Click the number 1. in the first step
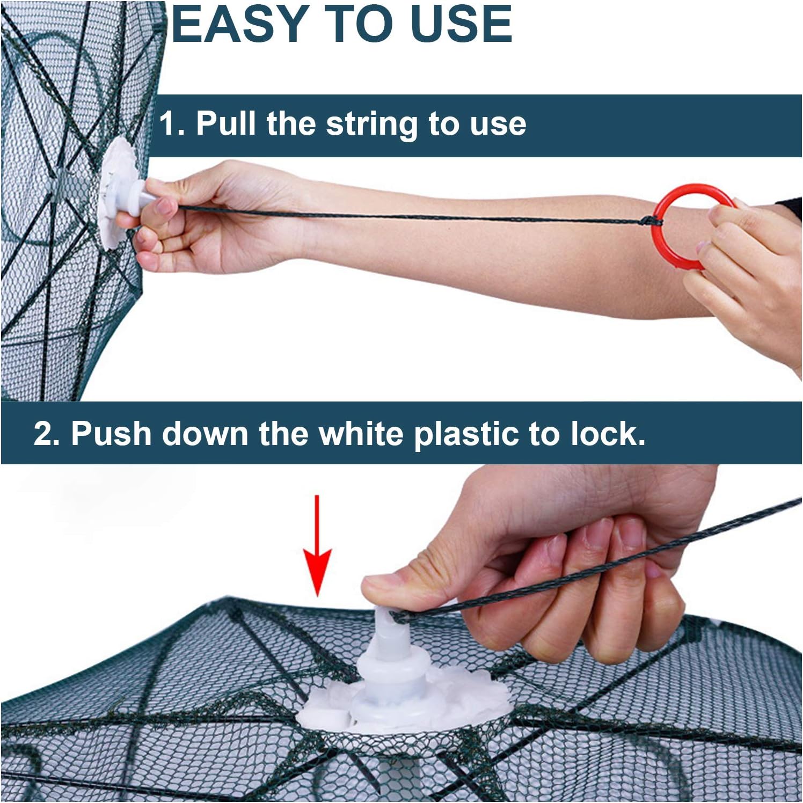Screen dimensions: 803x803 point(172,124)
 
